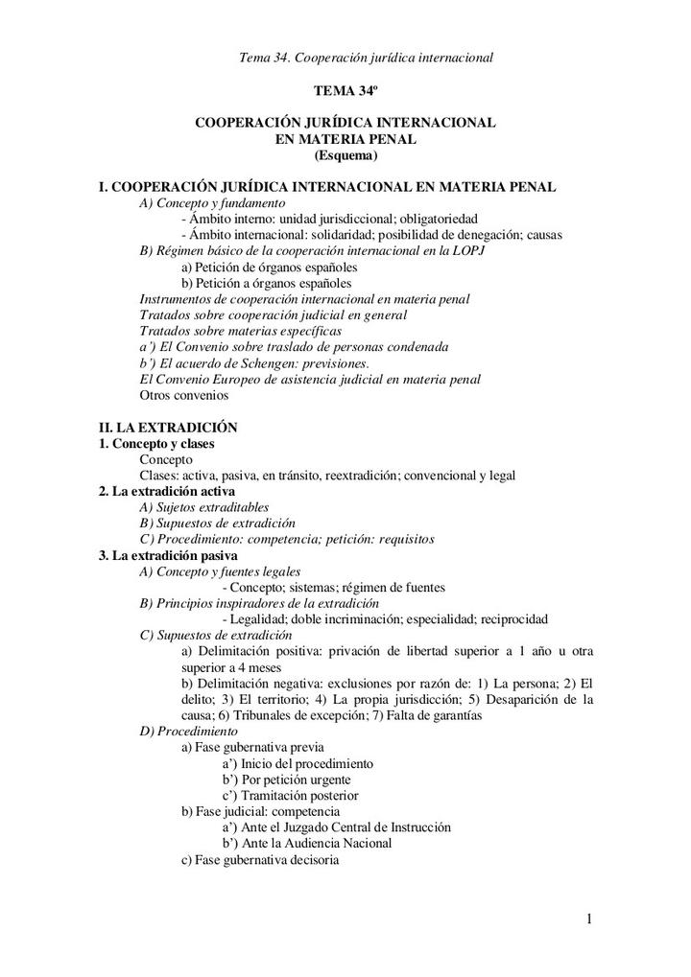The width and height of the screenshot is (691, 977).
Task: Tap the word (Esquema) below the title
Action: pyautogui.click(x=345, y=155)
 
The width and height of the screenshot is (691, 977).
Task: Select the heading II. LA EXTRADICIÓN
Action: pyautogui.click(x=168, y=427)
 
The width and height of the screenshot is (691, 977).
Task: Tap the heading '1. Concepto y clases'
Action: pyautogui.click(x=156, y=444)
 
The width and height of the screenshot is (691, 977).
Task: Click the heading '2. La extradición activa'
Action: pyautogui.click(x=167, y=491)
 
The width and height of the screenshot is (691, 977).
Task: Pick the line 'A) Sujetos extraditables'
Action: pyautogui.click(x=204, y=507)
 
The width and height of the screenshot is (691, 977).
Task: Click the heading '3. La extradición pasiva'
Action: pyautogui.click(x=168, y=555)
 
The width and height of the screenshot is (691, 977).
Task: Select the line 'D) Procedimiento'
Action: pyautogui.click(x=189, y=731)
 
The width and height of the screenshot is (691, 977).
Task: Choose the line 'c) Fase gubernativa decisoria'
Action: pyautogui.click(x=260, y=859)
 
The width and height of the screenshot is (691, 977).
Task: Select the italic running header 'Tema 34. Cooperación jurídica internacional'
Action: pyautogui.click(x=366, y=58)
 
